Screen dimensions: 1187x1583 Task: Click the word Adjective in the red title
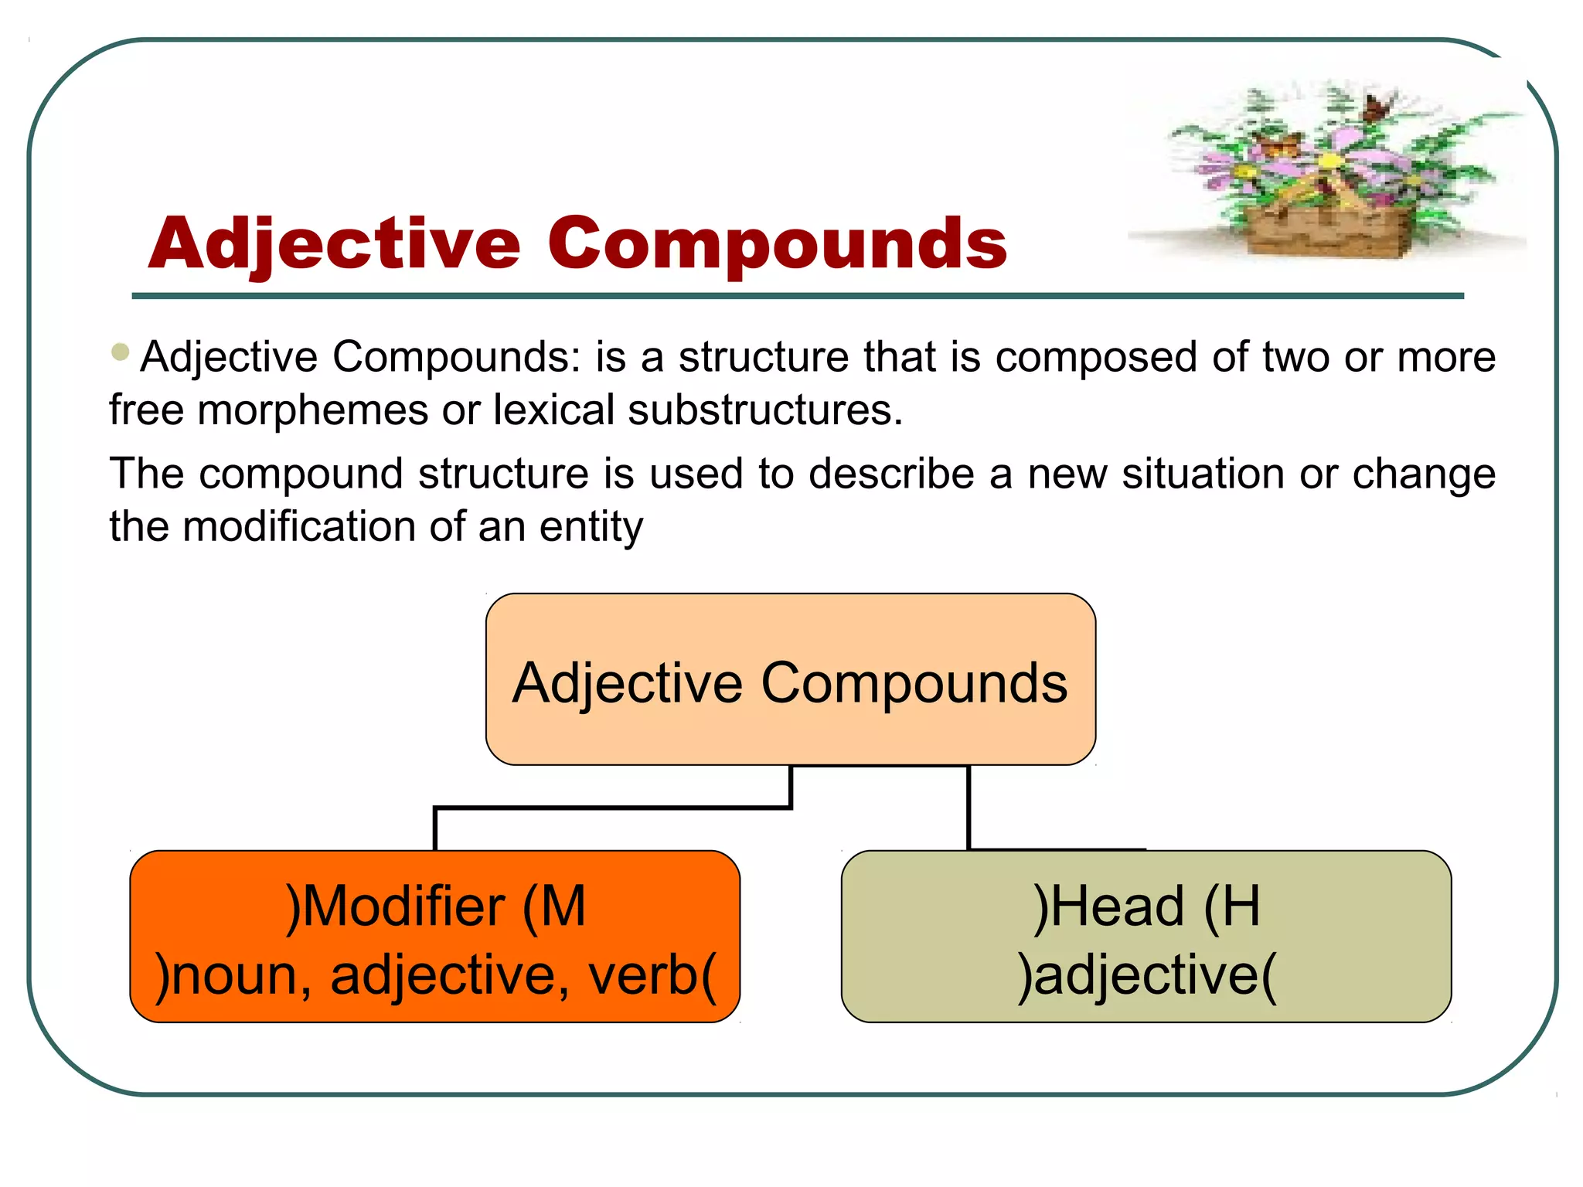(x=334, y=244)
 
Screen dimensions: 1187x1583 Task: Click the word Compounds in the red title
(x=777, y=244)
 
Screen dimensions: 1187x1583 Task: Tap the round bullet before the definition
(x=120, y=352)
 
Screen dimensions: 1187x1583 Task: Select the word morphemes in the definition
(x=312, y=410)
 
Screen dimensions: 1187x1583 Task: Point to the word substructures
(x=764, y=410)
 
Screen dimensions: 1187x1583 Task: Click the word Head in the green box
(x=1118, y=906)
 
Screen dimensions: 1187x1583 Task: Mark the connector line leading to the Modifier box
(x=611, y=808)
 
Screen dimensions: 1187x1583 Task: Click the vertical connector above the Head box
(x=969, y=808)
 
